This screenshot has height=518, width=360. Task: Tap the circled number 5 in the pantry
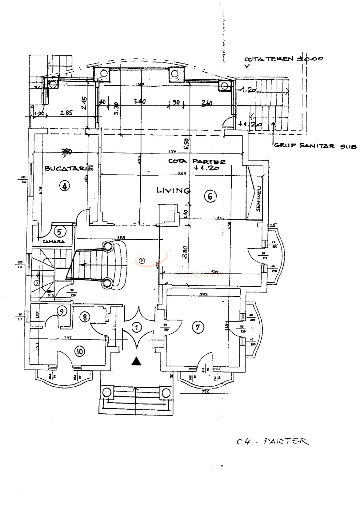[60, 232]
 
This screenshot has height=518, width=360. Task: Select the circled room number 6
[210, 196]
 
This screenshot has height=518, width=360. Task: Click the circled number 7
[198, 327]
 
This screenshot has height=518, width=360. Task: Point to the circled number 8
[85, 317]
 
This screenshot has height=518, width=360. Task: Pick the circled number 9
[62, 312]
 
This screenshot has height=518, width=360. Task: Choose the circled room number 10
[80, 351]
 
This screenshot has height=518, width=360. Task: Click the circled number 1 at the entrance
[137, 327]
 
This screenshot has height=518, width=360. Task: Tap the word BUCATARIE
[69, 168]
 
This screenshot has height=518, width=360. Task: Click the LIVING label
[173, 190]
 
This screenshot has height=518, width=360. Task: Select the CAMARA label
[54, 242]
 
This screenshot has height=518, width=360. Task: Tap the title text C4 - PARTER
[272, 441]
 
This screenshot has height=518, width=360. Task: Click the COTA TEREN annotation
[283, 59]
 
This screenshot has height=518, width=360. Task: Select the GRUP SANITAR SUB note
[314, 146]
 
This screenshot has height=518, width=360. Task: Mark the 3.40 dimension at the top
[140, 101]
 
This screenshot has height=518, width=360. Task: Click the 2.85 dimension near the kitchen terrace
[66, 113]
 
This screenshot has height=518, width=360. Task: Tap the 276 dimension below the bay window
[205, 392]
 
